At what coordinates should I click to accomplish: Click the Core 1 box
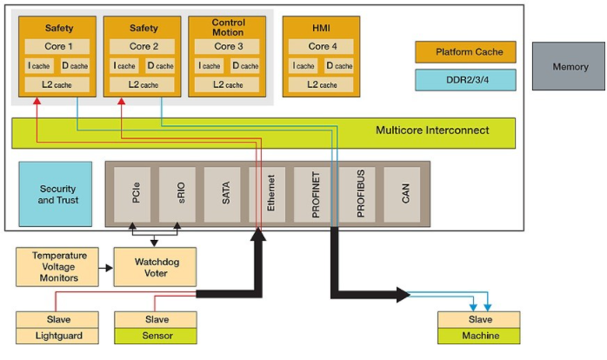(58, 46)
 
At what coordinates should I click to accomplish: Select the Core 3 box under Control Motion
(227, 46)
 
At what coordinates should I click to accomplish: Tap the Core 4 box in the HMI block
(322, 46)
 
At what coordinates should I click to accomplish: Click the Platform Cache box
(465, 52)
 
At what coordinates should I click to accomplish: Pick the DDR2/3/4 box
(465, 80)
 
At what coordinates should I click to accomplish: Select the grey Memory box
(569, 67)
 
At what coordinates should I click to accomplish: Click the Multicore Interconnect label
(432, 131)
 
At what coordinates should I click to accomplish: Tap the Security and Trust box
(54, 194)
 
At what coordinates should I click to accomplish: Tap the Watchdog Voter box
(155, 267)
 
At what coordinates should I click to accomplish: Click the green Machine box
(477, 336)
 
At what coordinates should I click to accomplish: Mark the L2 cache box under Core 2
(143, 84)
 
